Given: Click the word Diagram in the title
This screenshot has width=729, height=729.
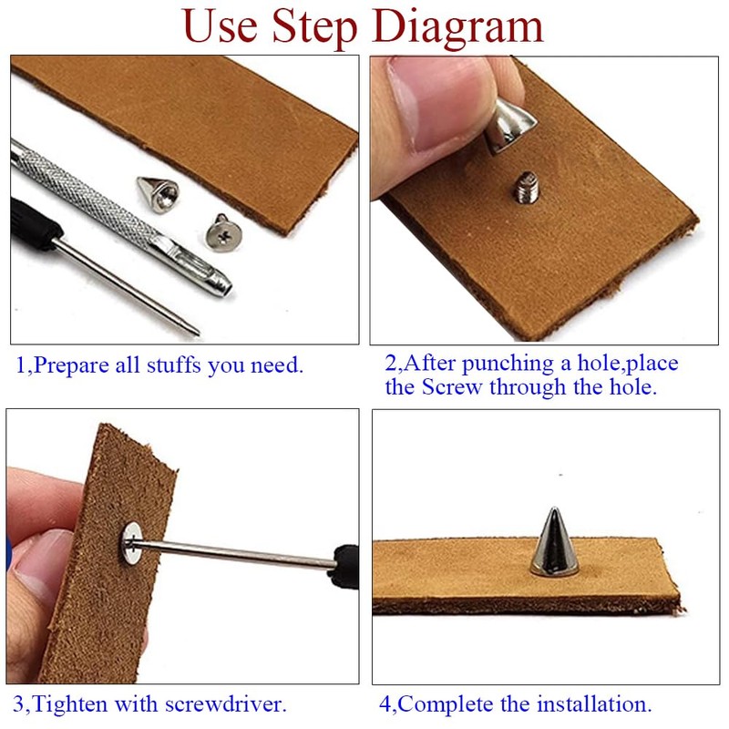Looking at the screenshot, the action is pos(457,27).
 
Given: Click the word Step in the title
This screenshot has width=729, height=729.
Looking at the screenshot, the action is pos(314,27).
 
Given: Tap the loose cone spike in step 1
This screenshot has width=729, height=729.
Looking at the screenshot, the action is pos(158,194).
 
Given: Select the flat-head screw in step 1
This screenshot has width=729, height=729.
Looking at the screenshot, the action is pos(224,231).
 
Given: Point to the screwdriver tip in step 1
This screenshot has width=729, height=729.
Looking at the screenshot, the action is pos(197,332).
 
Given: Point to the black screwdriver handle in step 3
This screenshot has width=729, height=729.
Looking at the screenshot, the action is pos(344,567).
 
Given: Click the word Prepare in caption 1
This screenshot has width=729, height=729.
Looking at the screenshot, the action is pos(71,366).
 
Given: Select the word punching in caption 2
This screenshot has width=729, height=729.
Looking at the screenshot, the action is pos(508,364).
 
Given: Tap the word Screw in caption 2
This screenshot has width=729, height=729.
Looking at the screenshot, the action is pos(451,386).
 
